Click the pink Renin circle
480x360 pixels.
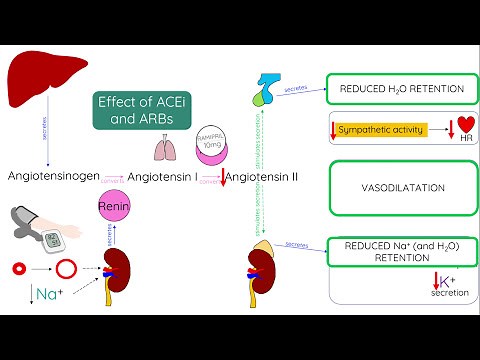pyautogui.click(x=115, y=207)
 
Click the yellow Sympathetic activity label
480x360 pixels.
pyautogui.click(x=381, y=129)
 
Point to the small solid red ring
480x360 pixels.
pyautogui.click(x=18, y=269)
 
